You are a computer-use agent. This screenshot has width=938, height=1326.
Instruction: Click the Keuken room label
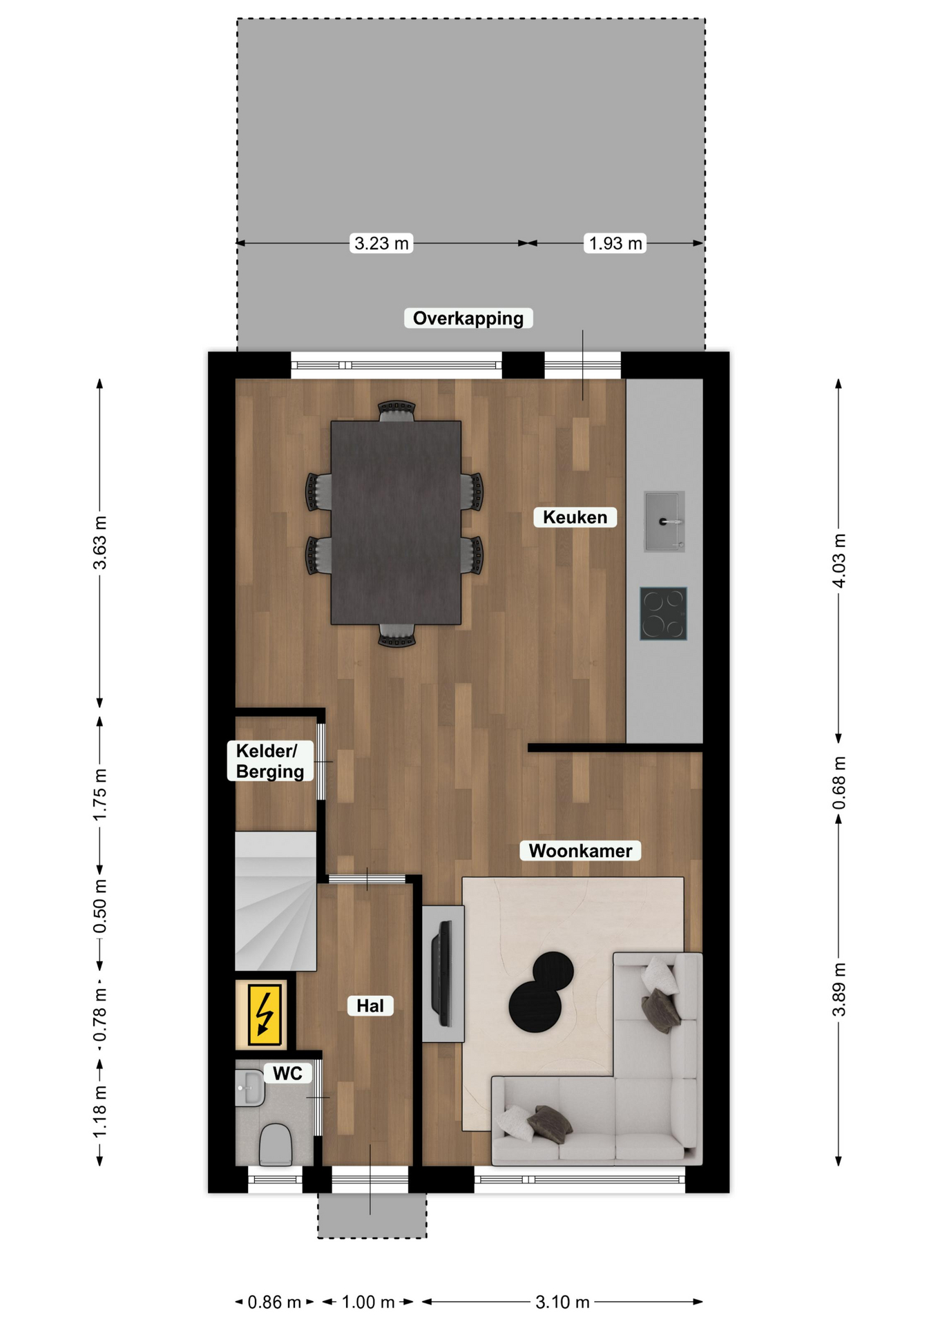click(x=575, y=517)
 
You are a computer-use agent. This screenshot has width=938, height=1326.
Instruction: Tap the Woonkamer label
click(x=580, y=851)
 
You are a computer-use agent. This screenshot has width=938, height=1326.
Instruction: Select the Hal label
click(x=370, y=1006)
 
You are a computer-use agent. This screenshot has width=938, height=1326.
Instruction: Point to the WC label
click(x=287, y=1073)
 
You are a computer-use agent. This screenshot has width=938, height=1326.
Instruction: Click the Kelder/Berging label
click(x=270, y=761)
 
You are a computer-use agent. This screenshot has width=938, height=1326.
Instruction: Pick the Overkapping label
click(x=468, y=318)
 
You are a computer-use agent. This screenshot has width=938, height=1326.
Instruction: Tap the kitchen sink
click(x=664, y=521)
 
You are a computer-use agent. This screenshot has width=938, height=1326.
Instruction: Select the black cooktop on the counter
click(x=663, y=614)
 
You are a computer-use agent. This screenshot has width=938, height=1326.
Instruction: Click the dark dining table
click(x=396, y=523)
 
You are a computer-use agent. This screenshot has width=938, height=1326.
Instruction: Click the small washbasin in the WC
click(x=249, y=1088)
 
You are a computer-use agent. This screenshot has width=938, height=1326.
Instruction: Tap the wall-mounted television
click(x=442, y=973)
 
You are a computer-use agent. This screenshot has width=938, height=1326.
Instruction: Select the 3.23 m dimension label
click(x=381, y=243)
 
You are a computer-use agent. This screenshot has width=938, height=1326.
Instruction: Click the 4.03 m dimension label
click(x=839, y=561)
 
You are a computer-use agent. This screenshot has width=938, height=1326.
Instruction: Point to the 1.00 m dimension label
click(x=368, y=1303)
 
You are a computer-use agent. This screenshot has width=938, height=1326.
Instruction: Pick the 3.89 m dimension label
click(x=839, y=990)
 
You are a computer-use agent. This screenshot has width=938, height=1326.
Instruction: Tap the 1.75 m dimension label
click(x=100, y=795)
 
